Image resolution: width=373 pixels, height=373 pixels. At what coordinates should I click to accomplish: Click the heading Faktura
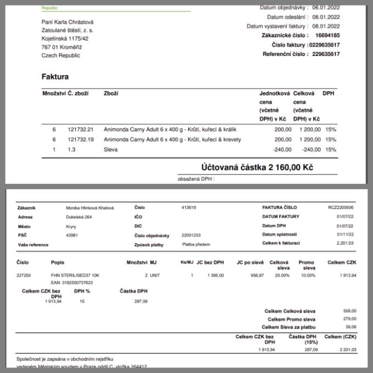pos(55,77)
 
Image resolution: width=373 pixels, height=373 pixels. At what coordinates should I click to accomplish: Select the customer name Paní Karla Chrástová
pos(67,22)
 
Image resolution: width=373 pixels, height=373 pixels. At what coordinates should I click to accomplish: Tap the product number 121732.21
pos(81,129)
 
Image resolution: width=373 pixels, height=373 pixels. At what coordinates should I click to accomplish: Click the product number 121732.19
pos(81,139)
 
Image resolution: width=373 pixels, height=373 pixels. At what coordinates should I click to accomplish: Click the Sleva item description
pos(111,149)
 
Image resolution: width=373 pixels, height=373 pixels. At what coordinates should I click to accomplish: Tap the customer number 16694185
pos(327,35)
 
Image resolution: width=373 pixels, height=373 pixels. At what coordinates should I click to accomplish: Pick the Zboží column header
pos(111,93)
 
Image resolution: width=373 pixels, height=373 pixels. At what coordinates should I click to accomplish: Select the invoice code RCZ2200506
pos(341,208)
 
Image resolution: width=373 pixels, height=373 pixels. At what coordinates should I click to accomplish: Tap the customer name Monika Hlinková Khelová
pos(89,208)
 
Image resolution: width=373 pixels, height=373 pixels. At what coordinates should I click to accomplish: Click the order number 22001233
pos(191,234)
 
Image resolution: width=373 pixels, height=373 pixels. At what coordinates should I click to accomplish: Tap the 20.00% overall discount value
pos(282,275)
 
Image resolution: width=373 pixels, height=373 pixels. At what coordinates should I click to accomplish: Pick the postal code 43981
pos(71,234)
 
